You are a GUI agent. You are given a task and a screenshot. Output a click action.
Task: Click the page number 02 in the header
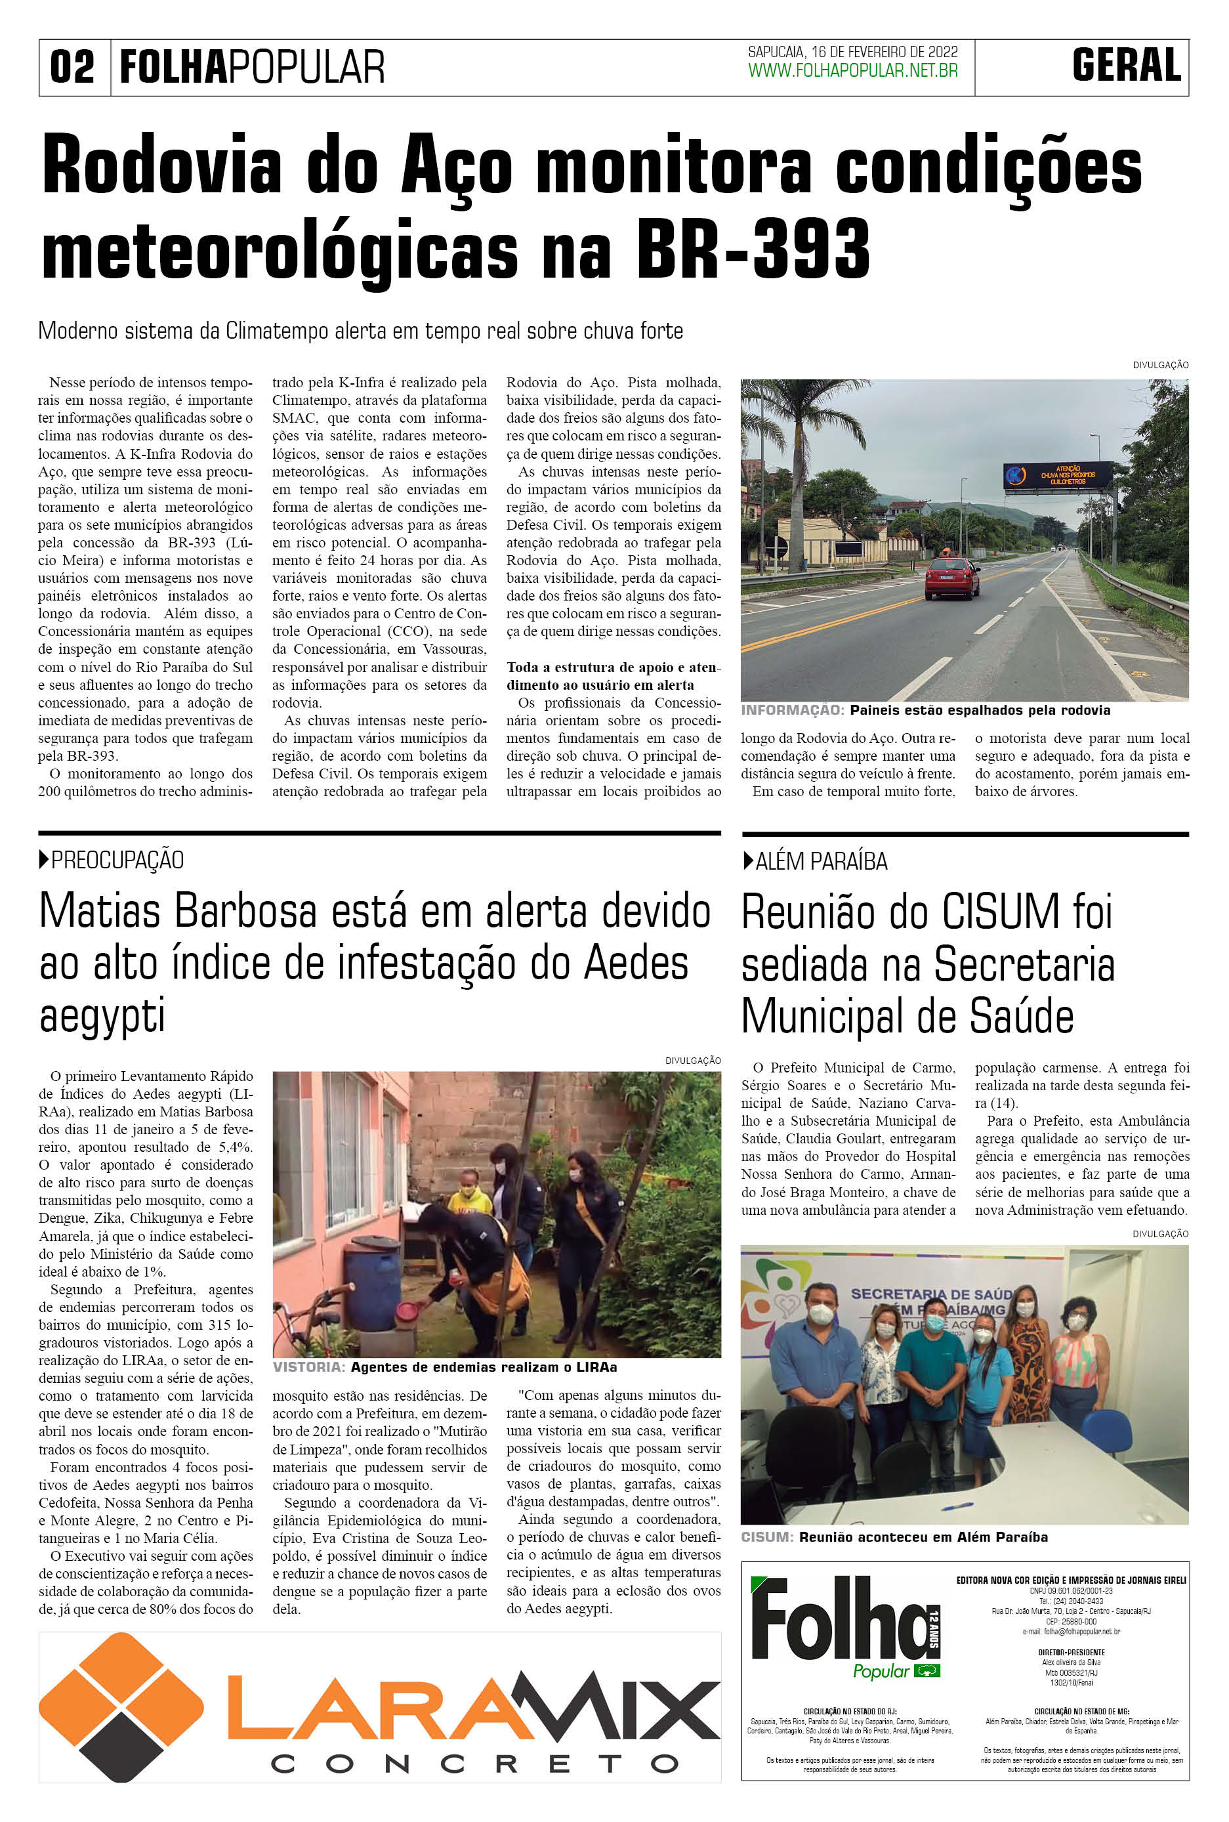click(x=72, y=68)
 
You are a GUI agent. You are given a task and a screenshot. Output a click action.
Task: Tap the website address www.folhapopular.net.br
click(x=853, y=71)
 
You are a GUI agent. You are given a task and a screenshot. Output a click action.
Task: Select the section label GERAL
click(x=1127, y=66)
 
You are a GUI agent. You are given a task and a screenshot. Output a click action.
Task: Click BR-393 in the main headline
click(x=753, y=249)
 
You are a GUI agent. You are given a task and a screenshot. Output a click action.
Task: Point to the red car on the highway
click(x=951, y=578)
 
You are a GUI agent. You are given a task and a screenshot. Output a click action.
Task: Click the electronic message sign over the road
click(x=1058, y=475)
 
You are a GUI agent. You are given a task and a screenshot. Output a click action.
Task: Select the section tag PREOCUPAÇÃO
click(x=117, y=860)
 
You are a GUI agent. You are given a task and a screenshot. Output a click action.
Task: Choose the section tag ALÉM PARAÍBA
click(x=821, y=862)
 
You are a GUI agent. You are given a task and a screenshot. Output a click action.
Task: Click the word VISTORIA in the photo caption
click(x=308, y=1367)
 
